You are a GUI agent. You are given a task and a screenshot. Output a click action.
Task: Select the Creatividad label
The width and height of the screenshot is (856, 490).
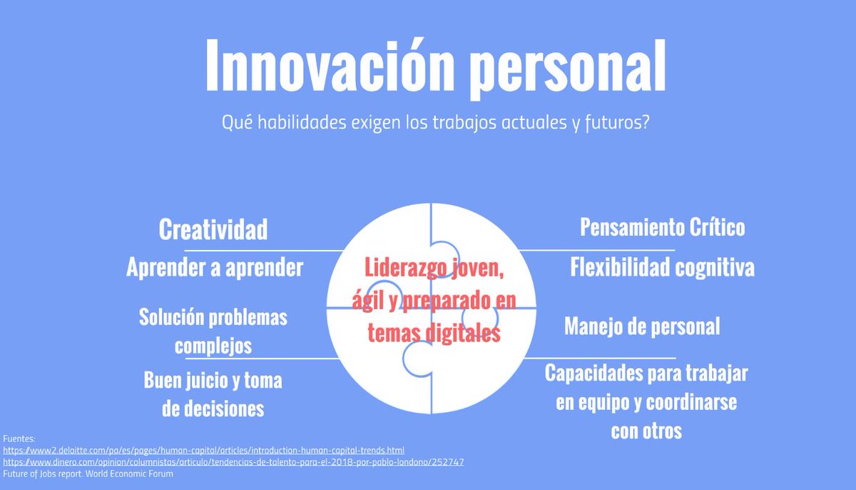[x=213, y=230]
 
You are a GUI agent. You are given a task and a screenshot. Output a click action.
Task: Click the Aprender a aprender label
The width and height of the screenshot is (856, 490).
[x=215, y=268]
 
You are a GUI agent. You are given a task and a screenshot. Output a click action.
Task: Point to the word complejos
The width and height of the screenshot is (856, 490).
[x=213, y=346]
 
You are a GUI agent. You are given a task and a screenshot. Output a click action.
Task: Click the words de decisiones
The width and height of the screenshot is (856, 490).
[x=213, y=409]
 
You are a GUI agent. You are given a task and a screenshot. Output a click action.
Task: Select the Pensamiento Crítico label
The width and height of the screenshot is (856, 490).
[x=662, y=227]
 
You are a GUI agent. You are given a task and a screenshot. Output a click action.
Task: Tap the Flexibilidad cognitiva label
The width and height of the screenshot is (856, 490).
[x=662, y=268]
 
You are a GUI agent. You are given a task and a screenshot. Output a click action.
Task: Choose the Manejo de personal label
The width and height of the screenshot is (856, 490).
[x=642, y=326]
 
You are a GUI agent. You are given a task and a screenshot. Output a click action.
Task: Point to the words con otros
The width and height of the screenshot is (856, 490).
[x=646, y=431]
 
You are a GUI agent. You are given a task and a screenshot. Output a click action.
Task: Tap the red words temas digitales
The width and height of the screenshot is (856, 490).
[x=434, y=333]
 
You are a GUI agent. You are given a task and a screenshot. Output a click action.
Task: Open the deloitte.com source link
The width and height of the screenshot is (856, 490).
[x=204, y=451]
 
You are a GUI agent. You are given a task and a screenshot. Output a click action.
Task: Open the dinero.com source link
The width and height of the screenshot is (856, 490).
[x=233, y=462]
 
